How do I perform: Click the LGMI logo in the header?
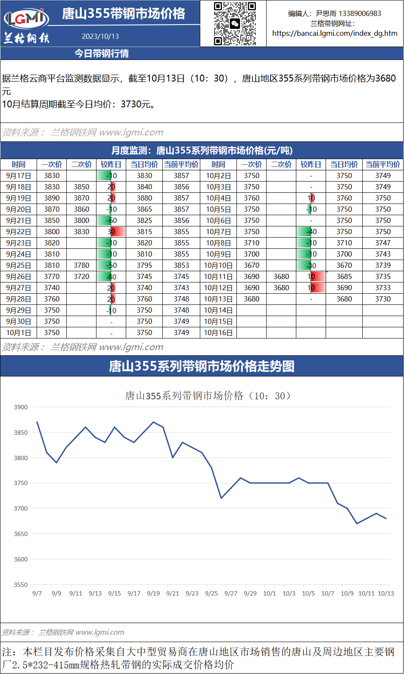(26, 18)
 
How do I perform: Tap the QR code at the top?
(235, 23)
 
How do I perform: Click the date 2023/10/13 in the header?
(100, 37)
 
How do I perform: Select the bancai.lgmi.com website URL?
(335, 33)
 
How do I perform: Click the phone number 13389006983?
(360, 13)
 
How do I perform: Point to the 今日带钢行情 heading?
(102, 53)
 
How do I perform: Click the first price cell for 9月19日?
(52, 198)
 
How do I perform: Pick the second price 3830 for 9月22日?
(81, 232)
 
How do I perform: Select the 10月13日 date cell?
(218, 299)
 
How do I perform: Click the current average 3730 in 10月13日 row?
(382, 299)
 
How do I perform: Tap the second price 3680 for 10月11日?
(281, 276)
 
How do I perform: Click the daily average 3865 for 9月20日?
(144, 209)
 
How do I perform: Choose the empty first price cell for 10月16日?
(252, 332)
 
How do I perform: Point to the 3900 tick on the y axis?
(21, 407)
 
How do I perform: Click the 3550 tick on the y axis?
(21, 585)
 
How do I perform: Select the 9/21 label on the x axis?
(173, 593)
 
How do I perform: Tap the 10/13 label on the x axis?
(385, 593)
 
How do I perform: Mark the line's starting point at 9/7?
(37, 422)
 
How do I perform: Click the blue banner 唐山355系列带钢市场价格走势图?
(202, 366)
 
